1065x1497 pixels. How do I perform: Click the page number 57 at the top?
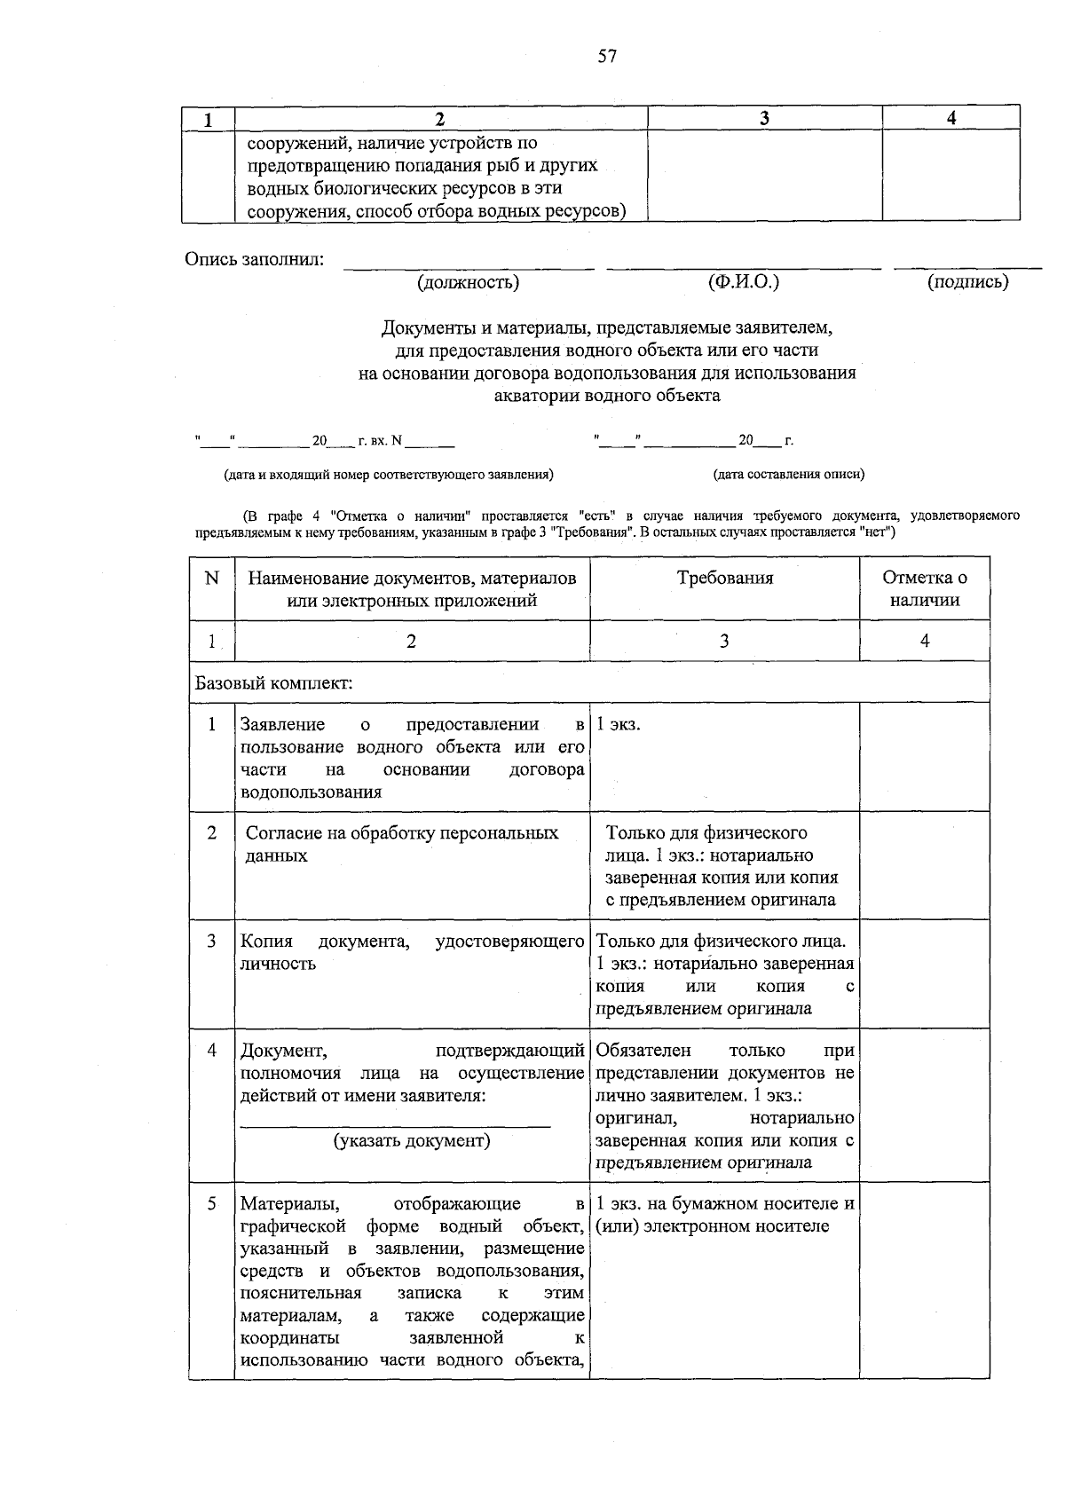(x=607, y=57)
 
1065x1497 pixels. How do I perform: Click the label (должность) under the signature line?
(x=468, y=283)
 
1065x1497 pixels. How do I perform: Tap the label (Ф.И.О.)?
(x=744, y=282)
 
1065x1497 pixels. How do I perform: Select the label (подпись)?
(x=967, y=283)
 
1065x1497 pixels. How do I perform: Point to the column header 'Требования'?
(x=724, y=579)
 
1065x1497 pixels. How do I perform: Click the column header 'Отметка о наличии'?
(x=924, y=588)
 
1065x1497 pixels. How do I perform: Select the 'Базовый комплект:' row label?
(x=274, y=684)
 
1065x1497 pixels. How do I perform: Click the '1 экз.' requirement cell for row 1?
(x=619, y=725)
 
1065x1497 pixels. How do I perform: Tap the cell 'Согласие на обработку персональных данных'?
(x=402, y=844)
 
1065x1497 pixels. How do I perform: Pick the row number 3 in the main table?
(x=211, y=941)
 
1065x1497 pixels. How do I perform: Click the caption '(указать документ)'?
(x=412, y=1140)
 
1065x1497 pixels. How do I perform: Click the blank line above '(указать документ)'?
(x=396, y=1124)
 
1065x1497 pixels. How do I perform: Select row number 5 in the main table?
(x=211, y=1204)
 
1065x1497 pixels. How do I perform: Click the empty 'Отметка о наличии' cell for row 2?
(x=924, y=865)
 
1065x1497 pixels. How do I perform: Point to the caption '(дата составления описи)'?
(x=789, y=474)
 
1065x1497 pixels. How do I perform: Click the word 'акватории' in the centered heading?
(x=535, y=396)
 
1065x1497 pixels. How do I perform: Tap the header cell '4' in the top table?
(x=951, y=118)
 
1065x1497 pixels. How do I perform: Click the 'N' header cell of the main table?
(x=211, y=579)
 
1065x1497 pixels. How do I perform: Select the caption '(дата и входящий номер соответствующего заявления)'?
(x=389, y=474)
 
